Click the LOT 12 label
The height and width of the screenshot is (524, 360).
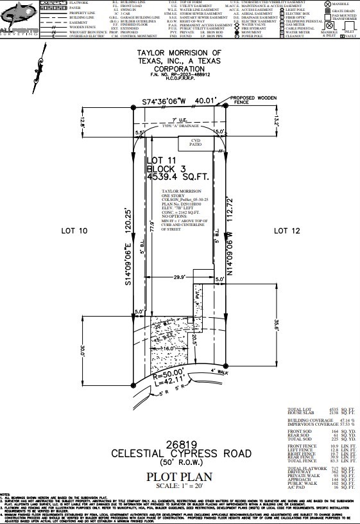click(287, 230)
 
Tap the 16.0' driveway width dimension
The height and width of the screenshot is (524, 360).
click(169, 347)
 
